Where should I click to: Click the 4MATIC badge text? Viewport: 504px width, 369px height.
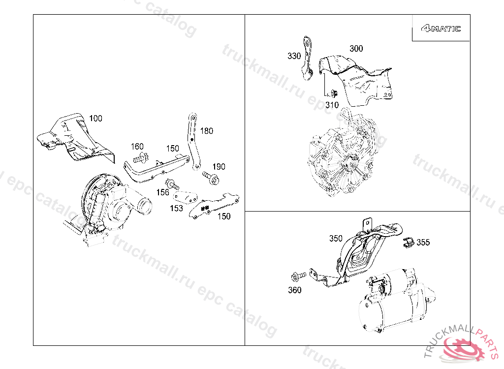[441, 29]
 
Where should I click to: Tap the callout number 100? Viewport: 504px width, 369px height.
[95, 118]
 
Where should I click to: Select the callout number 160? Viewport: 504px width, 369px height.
[137, 147]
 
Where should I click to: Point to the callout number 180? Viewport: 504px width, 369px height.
[206, 131]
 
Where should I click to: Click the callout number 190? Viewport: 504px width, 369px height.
[219, 166]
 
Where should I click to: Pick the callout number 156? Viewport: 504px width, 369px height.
[162, 192]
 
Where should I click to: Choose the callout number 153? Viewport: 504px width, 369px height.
[176, 208]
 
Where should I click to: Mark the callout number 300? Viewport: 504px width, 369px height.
[356, 49]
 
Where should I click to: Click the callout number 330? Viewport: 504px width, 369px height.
[294, 56]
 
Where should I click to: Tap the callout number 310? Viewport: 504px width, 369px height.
[332, 105]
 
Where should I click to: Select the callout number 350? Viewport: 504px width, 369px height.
[336, 238]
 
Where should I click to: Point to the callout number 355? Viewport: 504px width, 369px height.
[423, 242]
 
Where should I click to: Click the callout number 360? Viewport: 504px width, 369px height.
[294, 290]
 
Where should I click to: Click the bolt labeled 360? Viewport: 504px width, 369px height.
[298, 276]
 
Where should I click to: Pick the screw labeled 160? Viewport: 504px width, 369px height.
[140, 157]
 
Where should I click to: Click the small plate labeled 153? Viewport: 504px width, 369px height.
[186, 197]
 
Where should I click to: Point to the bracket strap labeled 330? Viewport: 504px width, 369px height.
[307, 59]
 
